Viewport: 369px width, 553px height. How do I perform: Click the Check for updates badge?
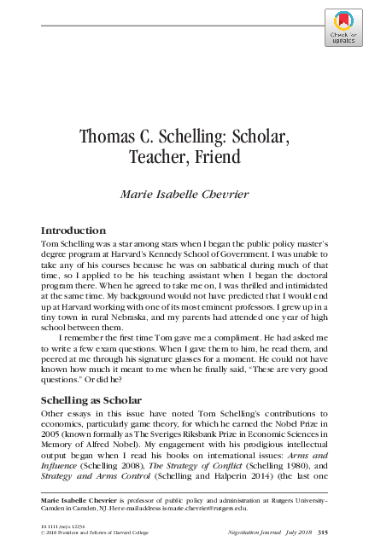click(x=343, y=26)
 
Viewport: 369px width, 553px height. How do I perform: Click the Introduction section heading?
click(x=73, y=230)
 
